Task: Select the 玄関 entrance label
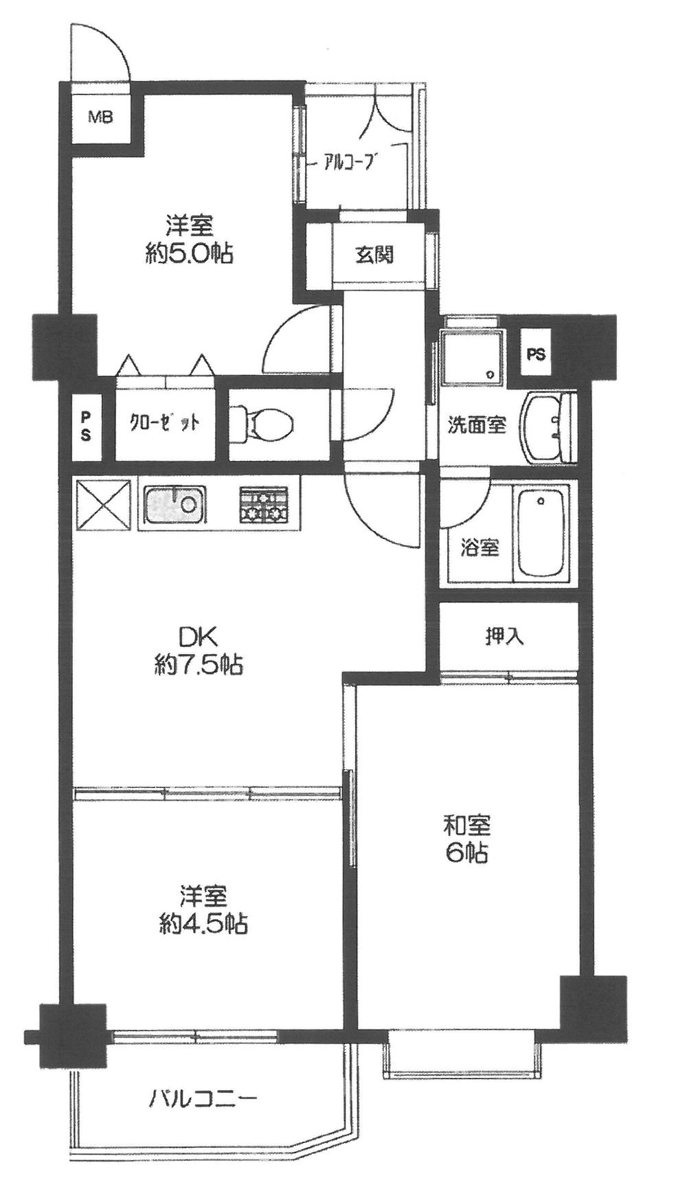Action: (374, 256)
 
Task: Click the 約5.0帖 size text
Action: (188, 255)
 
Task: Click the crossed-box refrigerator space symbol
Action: (102, 505)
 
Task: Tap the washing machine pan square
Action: (474, 356)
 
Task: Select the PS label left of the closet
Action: (86, 427)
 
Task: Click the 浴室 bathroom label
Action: (480, 548)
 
